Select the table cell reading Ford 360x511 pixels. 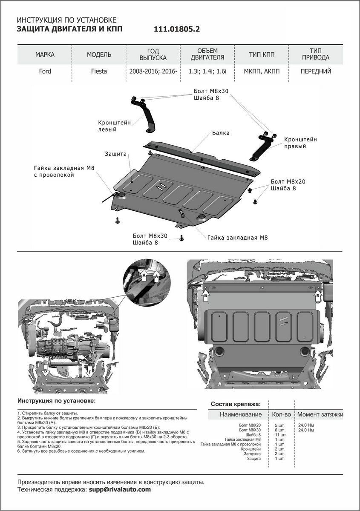(45, 72)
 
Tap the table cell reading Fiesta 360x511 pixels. (99, 72)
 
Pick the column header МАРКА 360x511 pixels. (45, 55)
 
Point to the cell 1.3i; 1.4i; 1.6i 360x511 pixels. (207, 72)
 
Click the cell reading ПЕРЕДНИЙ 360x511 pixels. (316, 72)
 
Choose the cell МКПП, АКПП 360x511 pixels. (262, 72)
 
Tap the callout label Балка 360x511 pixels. (221, 133)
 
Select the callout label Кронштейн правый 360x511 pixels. (300, 143)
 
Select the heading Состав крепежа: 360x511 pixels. (236, 404)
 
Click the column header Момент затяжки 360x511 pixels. (320, 414)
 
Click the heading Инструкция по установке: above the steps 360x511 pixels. (57, 401)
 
